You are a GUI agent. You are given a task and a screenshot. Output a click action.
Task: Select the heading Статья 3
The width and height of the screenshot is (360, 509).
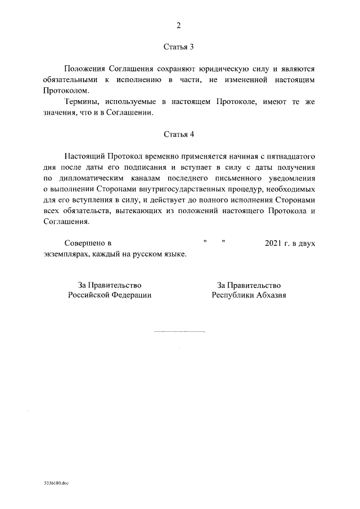pyautogui.click(x=179, y=46)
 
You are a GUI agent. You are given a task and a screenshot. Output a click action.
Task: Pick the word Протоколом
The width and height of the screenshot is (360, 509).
pyautogui.click(x=62, y=90)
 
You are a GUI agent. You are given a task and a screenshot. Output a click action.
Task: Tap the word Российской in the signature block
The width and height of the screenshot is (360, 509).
pyautogui.click(x=90, y=295)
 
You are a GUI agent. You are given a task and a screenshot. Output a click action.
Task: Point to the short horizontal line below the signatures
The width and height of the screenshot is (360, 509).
pyautogui.click(x=179, y=332)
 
